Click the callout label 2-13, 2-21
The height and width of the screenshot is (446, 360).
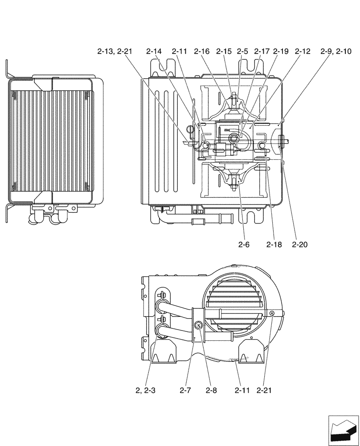[115, 52]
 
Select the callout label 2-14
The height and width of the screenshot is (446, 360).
[154, 52]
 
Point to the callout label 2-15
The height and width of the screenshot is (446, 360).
[224, 52]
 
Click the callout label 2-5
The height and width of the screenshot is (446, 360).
[242, 52]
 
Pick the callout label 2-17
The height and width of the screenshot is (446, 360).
[262, 52]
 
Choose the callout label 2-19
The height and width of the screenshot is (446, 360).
[281, 52]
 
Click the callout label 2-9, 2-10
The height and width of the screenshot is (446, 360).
[336, 52]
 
